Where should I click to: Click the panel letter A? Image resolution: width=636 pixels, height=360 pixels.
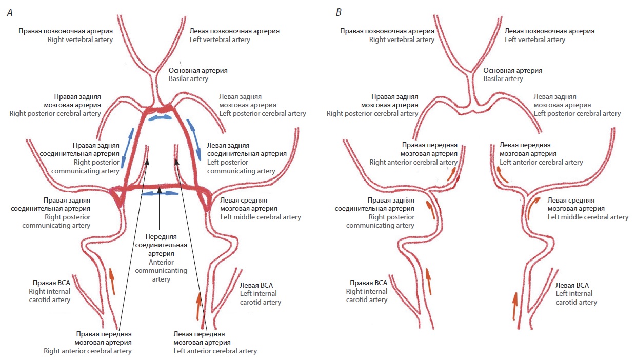coord(9,13)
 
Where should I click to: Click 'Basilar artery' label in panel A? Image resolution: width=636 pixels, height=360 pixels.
coord(188,79)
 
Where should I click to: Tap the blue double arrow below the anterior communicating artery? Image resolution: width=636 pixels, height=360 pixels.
coord(161,193)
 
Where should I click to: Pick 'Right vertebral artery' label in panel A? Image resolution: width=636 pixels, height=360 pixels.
coord(80,39)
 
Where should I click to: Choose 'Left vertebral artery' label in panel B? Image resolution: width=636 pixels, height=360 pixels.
coord(535,39)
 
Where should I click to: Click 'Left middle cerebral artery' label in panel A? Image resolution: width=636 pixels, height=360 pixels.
coord(260,217)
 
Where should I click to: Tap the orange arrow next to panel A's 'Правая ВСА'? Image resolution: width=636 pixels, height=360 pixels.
coord(111,281)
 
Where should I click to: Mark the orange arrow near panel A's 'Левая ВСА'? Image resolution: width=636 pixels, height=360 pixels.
coord(198,305)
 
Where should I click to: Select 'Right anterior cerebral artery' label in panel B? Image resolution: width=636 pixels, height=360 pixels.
coord(413,162)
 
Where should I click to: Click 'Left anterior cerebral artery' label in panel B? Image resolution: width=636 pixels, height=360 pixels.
coord(541,162)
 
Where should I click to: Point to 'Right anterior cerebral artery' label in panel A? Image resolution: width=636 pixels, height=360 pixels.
coord(103,351)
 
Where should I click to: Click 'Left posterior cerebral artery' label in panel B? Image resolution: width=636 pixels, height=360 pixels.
coord(577,113)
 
